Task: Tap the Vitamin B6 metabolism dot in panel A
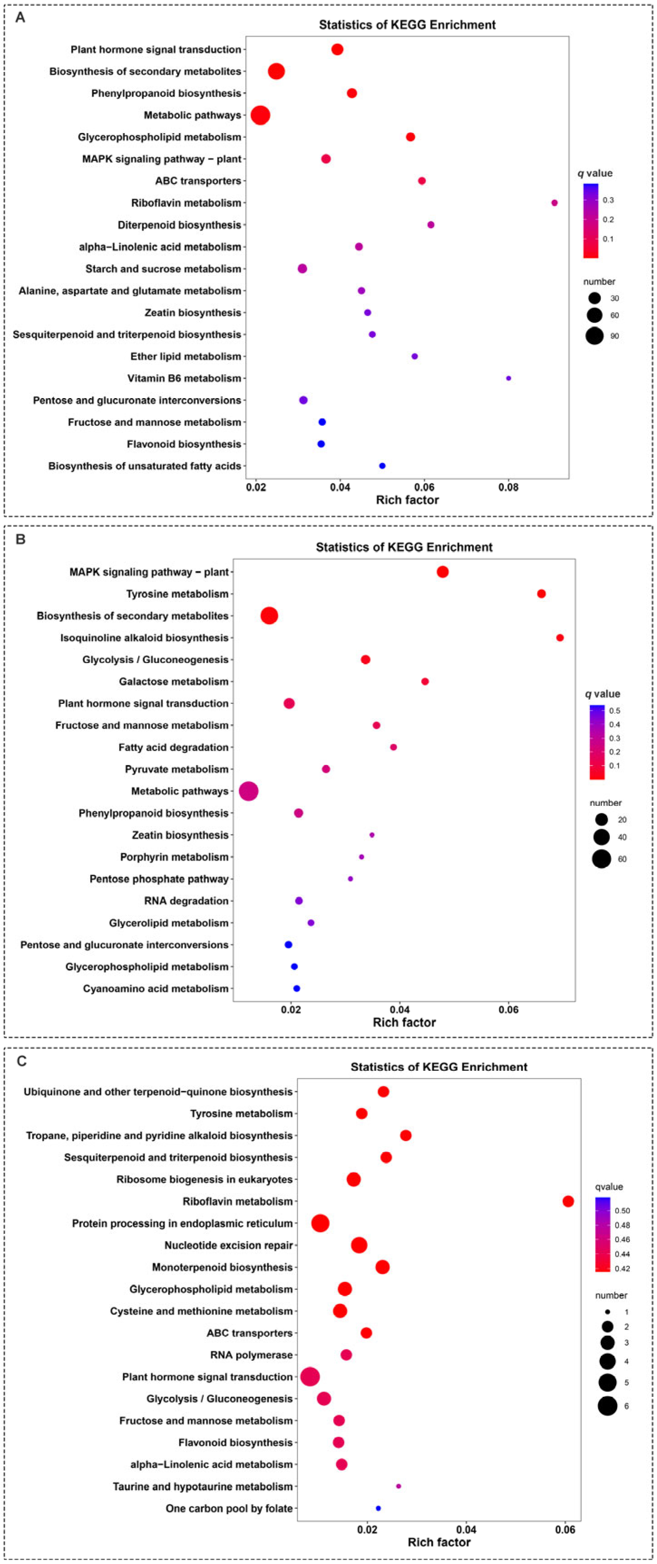[508, 378]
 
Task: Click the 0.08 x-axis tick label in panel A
[508, 487]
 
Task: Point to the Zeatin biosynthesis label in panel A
[193, 313]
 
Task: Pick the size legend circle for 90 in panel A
[594, 335]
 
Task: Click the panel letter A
[20, 18]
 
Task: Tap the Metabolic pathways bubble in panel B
[248, 791]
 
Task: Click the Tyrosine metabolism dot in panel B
[541, 594]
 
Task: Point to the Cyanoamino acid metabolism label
[155, 988]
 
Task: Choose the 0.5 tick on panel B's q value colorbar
[614, 710]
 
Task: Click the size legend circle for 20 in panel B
[601, 820]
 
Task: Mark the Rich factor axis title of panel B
[404, 1022]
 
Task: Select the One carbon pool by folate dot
[378, 1508]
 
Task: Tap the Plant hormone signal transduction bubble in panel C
[309, 1376]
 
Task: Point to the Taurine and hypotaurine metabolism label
[202, 1486]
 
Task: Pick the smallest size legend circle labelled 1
[607, 1311]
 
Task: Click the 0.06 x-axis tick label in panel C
[565, 1530]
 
